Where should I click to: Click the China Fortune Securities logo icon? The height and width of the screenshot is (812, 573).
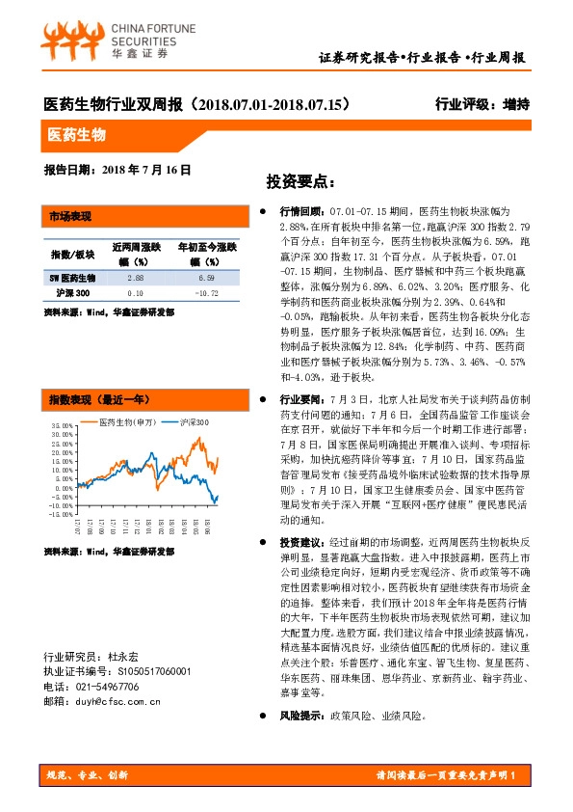(x=69, y=41)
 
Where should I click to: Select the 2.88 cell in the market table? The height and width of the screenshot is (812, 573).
(x=135, y=278)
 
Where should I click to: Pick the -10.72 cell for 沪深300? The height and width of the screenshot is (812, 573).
(x=207, y=292)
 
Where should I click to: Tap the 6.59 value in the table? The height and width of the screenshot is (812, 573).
(x=207, y=278)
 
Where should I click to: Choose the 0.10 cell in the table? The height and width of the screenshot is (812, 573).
(x=135, y=292)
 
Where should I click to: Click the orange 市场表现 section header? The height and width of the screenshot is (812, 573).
(x=69, y=215)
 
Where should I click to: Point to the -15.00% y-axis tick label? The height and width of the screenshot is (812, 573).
(x=59, y=514)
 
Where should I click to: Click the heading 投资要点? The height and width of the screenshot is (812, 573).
(x=300, y=181)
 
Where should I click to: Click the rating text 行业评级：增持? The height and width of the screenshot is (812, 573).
(x=482, y=104)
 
